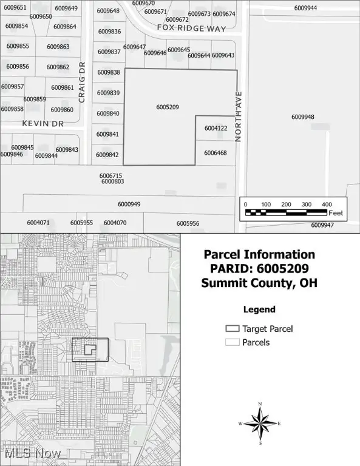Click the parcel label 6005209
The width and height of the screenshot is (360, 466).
click(x=167, y=107)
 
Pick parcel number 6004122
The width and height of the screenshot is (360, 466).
click(x=216, y=128)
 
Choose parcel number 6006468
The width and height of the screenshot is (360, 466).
click(x=216, y=153)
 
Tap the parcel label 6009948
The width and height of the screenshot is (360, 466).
click(x=302, y=116)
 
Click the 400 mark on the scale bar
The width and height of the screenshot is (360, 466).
click(x=326, y=204)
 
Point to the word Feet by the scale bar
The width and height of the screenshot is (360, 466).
click(x=336, y=213)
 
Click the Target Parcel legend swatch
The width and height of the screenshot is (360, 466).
click(x=232, y=329)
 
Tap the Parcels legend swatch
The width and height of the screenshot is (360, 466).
click(x=232, y=342)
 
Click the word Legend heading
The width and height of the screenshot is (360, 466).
click(x=259, y=309)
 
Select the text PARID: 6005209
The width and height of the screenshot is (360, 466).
click(x=259, y=269)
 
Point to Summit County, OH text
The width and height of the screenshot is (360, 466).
click(x=259, y=283)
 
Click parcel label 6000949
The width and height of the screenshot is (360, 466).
click(x=129, y=204)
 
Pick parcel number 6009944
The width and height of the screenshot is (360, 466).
click(x=305, y=8)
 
